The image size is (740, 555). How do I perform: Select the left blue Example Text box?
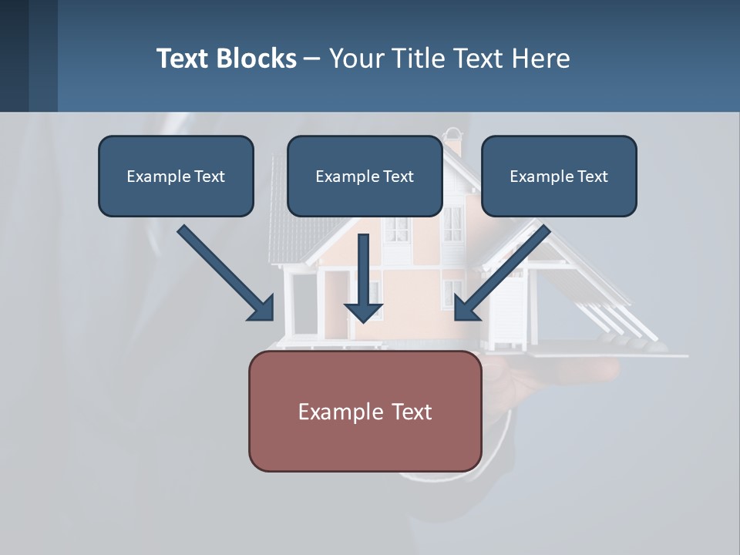(176, 177)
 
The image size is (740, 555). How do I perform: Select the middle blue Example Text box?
(365, 177)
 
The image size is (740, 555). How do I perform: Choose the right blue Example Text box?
(559, 177)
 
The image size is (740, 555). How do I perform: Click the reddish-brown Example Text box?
(365, 412)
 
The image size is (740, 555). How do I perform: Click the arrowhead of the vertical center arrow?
(363, 312)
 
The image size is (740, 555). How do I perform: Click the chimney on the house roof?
(453, 143)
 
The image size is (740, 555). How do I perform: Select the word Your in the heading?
(356, 59)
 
